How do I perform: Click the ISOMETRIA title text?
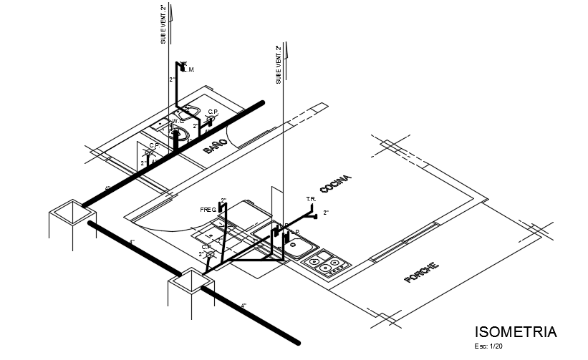[x=516, y=332]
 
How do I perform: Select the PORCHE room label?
[x=422, y=273]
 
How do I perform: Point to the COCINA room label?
[x=336, y=183]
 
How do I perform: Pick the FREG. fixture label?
[x=208, y=210]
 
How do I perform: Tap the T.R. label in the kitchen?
[x=311, y=199]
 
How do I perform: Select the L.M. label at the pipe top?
[x=190, y=69]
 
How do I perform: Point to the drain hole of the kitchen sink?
[x=294, y=244]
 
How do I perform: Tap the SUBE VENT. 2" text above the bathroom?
[x=163, y=25]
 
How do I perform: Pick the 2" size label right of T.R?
[x=326, y=213]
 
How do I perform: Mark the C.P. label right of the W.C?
[x=213, y=112]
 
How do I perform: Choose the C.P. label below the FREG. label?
[x=206, y=247]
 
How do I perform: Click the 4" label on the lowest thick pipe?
[x=244, y=306]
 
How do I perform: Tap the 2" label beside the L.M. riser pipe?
[x=172, y=79]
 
